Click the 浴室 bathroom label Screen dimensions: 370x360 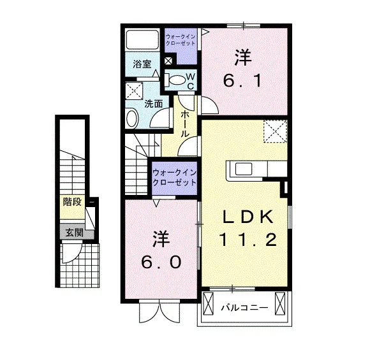click(142, 64)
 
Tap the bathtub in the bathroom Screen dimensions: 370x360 click(142, 40)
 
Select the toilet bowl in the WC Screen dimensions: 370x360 click(177, 80)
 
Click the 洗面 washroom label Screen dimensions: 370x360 click(154, 104)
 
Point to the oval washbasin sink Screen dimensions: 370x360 click(132, 119)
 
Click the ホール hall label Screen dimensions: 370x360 click(185, 124)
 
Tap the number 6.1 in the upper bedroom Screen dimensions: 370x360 click(242, 81)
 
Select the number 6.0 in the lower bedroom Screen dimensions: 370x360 click(161, 262)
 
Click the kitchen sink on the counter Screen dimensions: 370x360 click(243, 169)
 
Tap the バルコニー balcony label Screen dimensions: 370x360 click(244, 308)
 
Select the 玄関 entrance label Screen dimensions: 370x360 click(75, 233)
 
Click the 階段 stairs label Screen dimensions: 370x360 click(72, 202)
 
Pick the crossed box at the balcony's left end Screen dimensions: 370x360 click(208, 303)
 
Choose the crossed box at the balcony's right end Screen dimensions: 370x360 click(280, 303)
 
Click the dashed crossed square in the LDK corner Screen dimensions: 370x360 click(275, 131)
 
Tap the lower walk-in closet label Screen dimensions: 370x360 click(174, 178)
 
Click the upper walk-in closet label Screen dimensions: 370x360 click(181, 40)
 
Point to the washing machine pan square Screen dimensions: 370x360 click(134, 90)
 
